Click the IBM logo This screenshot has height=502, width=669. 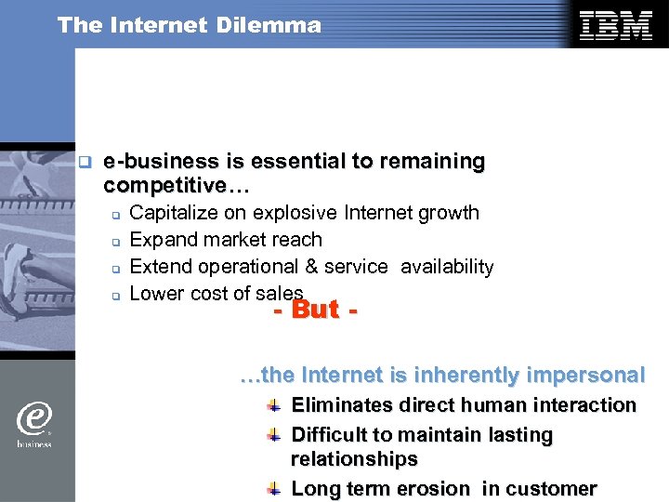[x=615, y=26]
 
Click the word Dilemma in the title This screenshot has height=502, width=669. [x=277, y=25]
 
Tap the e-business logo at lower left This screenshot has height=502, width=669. [x=34, y=423]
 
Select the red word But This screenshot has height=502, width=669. [x=315, y=310]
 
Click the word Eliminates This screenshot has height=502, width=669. [x=341, y=405]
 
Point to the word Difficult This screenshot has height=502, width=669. [x=331, y=435]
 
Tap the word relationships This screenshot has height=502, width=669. [x=354, y=459]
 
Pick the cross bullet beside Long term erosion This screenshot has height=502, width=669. [x=273, y=489]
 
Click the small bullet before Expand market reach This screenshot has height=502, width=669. [x=116, y=242]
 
